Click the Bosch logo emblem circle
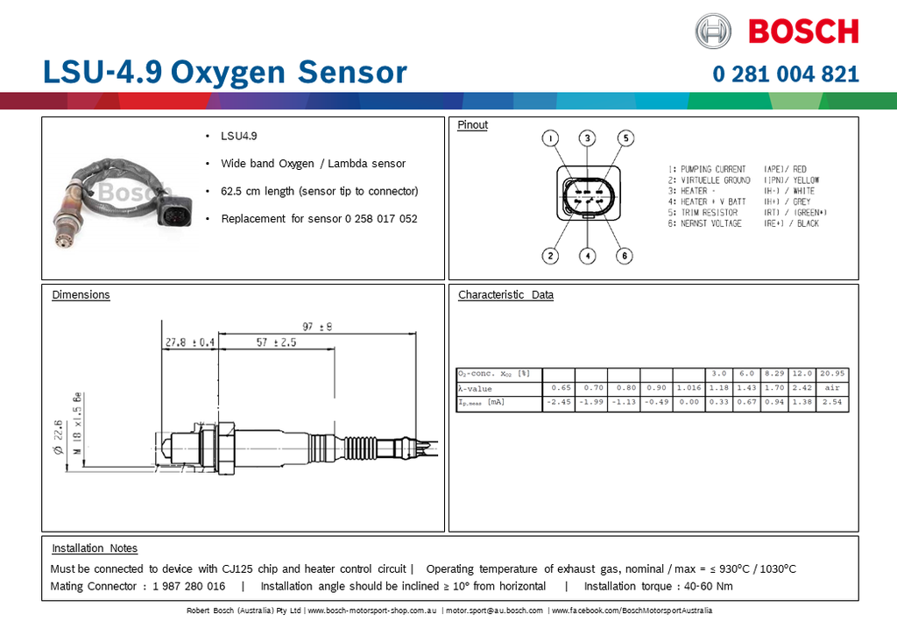point(713,32)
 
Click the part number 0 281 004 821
point(786,74)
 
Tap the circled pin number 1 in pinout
point(549,138)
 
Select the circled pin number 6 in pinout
point(624,256)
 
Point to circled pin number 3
point(587,138)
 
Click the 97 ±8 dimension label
point(316,327)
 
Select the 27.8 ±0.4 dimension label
point(190,342)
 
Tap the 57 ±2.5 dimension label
point(276,342)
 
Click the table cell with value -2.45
point(558,403)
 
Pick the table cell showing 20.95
point(832,373)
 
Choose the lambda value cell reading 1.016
point(688,388)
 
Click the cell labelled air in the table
point(832,388)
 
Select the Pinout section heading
point(472,125)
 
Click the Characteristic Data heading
point(505,295)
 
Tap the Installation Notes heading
point(95,548)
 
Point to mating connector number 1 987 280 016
point(188,586)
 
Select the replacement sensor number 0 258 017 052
point(381,218)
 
